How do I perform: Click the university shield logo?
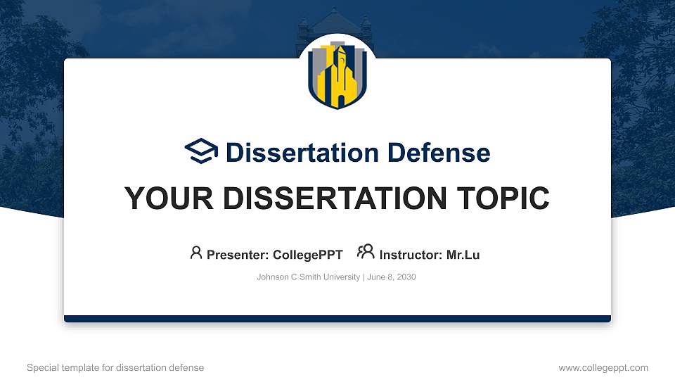(337, 75)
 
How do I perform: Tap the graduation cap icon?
(202, 151)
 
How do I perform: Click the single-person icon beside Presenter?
(196, 253)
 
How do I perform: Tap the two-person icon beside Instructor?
(366, 253)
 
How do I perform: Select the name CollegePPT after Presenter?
(308, 255)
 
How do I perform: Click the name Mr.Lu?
(463, 255)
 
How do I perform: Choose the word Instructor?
(411, 255)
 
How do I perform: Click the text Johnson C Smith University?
(308, 277)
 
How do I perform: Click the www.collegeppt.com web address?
(603, 367)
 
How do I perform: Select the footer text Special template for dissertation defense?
(115, 367)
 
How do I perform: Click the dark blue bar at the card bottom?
(337, 319)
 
